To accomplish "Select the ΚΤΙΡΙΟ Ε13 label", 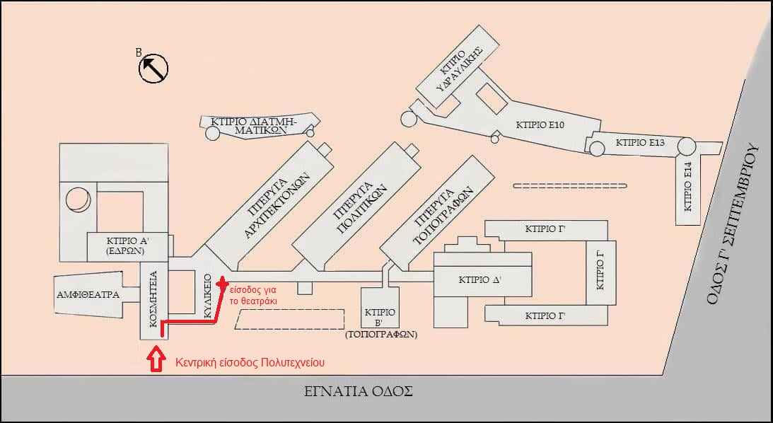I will [x=640, y=142].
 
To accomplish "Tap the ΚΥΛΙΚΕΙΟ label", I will [x=208, y=296].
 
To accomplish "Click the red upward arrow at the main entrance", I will [x=155, y=360].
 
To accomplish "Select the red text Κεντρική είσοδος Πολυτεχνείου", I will [x=249, y=363].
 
